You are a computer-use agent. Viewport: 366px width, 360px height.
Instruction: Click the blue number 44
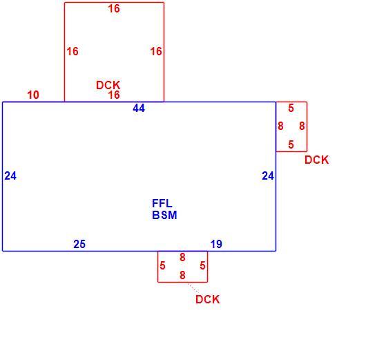[139, 108]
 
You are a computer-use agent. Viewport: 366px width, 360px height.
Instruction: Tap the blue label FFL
[162, 203]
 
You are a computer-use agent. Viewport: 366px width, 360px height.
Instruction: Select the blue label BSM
[164, 215]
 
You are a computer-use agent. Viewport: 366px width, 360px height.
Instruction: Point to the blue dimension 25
[79, 245]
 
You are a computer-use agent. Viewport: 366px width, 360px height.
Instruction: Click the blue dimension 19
[216, 245]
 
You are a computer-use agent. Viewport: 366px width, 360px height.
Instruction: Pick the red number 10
[33, 95]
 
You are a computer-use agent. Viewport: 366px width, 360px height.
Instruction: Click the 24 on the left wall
[10, 176]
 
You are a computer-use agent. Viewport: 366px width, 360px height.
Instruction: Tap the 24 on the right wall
[268, 176]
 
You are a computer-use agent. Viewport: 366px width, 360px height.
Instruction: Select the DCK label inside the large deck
[108, 85]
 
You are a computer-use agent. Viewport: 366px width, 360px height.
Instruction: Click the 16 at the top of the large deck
[114, 9]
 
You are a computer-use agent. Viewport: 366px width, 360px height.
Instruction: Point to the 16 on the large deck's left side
[73, 51]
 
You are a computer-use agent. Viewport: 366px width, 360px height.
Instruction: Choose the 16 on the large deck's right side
[156, 51]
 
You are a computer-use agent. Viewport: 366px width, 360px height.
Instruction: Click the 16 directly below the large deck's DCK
[114, 95]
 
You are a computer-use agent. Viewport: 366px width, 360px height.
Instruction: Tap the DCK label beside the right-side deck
[317, 160]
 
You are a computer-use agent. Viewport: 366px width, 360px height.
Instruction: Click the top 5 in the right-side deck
[291, 108]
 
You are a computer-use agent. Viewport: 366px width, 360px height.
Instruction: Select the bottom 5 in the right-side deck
[291, 144]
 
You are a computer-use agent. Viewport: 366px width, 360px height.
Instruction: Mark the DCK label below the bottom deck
[207, 299]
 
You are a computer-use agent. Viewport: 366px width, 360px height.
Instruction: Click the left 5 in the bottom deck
[163, 265]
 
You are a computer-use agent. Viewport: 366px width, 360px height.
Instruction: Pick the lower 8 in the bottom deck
[182, 275]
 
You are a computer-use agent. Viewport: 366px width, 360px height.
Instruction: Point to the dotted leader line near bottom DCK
[193, 288]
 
